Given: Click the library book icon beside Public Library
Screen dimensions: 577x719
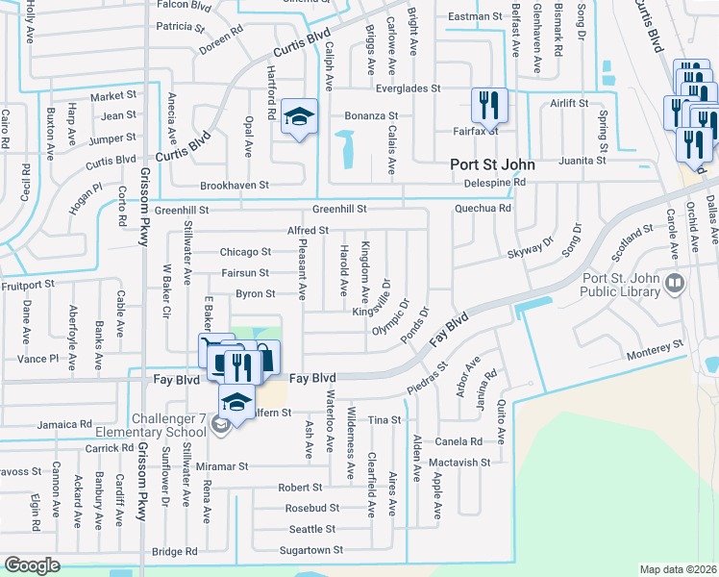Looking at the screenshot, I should tap(675, 284).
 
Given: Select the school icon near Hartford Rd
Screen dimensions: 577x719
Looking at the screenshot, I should tap(299, 118).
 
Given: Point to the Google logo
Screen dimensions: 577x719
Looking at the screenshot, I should tap(32, 565).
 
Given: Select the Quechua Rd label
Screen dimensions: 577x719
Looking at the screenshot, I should tap(483, 207).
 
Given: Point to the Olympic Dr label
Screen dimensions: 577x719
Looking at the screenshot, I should tap(390, 317).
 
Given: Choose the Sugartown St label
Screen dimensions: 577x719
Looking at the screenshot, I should tap(310, 550).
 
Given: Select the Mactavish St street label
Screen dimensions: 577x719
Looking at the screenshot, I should tap(459, 463).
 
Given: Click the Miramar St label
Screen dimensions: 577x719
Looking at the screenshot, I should tap(223, 465).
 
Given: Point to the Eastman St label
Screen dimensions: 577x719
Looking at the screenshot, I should tap(475, 16).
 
